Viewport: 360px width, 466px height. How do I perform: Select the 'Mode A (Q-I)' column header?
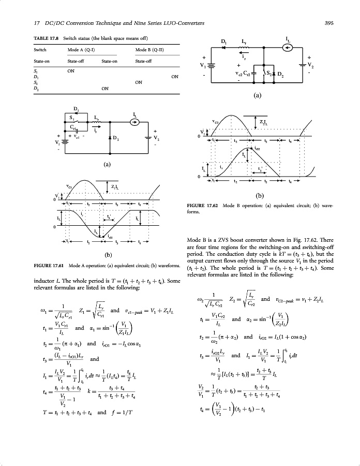(x=80, y=50)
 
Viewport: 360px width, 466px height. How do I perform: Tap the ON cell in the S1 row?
(x=71, y=71)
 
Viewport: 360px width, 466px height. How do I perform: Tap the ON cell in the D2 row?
(x=104, y=89)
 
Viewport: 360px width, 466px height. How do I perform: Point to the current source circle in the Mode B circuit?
(x=289, y=48)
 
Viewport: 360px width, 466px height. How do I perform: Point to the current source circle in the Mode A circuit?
(x=134, y=123)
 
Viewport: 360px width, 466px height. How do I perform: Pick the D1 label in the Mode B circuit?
(x=224, y=41)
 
